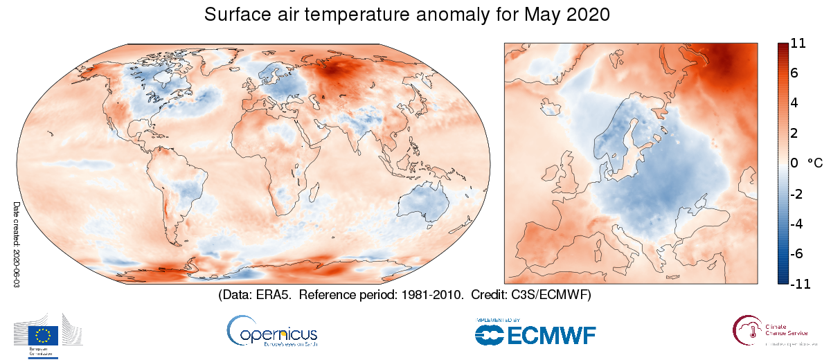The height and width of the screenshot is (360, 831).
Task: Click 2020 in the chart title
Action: [x=586, y=15]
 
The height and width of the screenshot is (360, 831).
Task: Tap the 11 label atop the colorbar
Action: [x=797, y=44]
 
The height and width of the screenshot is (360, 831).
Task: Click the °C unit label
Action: [x=815, y=163]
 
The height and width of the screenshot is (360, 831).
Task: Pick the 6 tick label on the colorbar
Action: [x=794, y=73]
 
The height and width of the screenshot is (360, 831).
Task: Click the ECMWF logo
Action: [x=535, y=334]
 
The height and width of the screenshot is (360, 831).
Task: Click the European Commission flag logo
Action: [x=43, y=335]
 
